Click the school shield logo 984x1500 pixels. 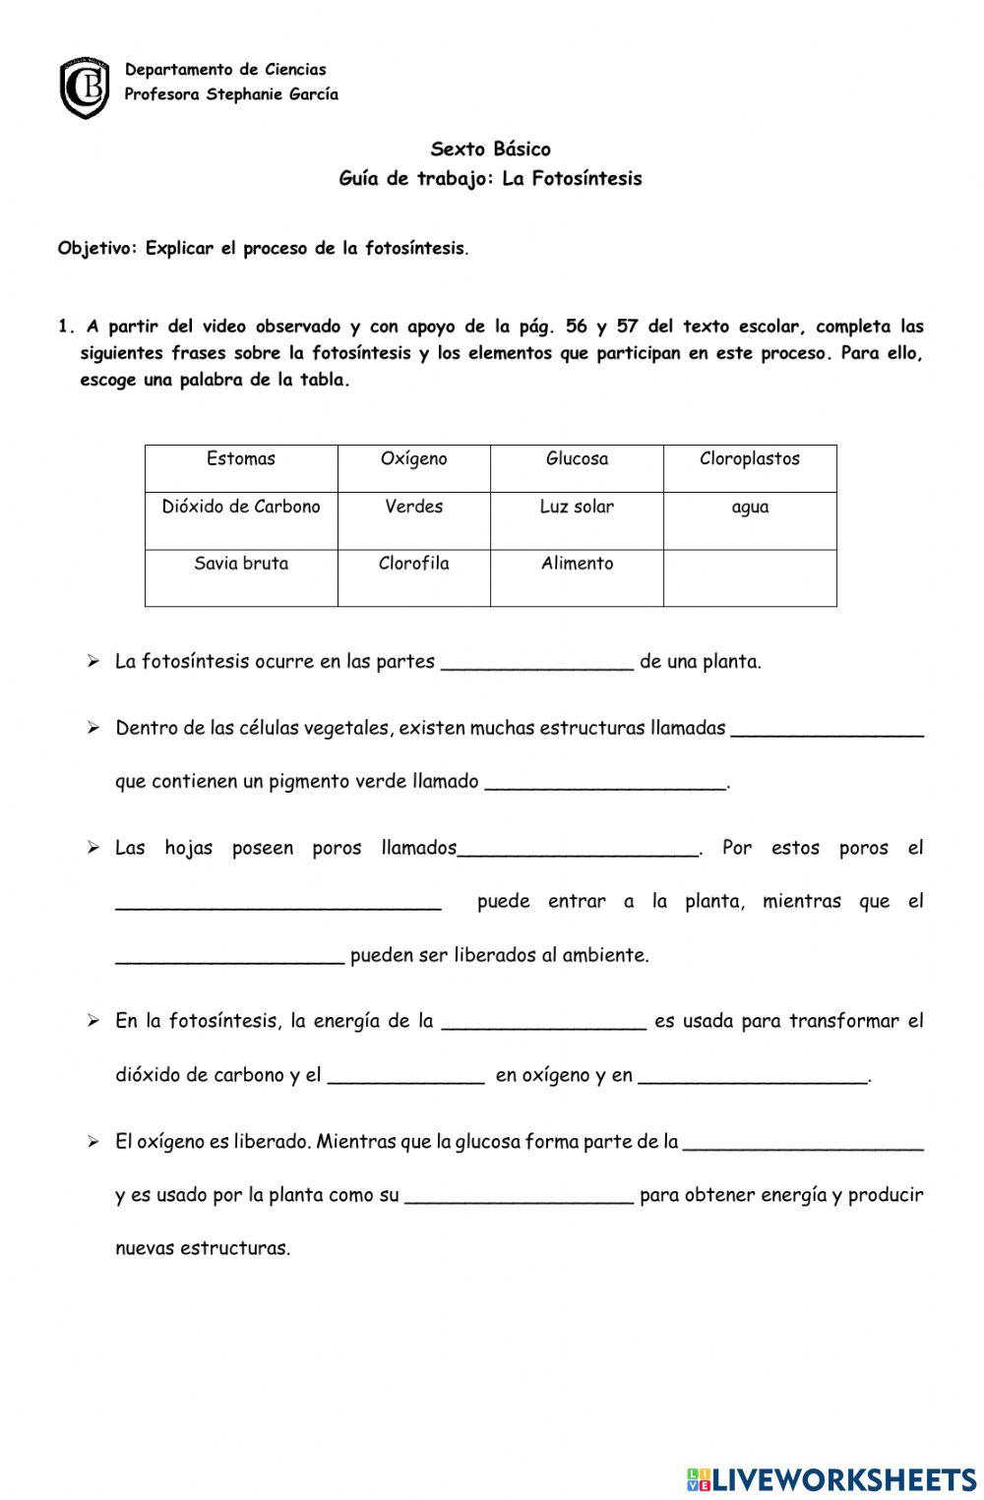[x=85, y=87]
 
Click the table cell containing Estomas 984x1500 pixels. [x=241, y=467]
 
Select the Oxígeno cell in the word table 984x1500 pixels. [x=413, y=467]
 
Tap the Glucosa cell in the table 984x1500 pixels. [x=577, y=467]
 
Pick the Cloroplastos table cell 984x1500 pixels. [x=750, y=467]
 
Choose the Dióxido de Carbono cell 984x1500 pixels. [x=241, y=519]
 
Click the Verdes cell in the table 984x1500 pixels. [x=413, y=519]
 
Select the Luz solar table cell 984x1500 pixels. [x=577, y=519]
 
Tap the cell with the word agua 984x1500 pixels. [x=750, y=519]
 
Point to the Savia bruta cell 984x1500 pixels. [x=241, y=576]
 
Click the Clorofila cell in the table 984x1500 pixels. [x=413, y=576]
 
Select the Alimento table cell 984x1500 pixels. [x=577, y=576]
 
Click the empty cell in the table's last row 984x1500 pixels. [x=750, y=577]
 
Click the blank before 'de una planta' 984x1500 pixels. [x=537, y=661]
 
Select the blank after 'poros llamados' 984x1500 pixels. [x=579, y=848]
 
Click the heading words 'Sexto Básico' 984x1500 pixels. [x=490, y=150]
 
